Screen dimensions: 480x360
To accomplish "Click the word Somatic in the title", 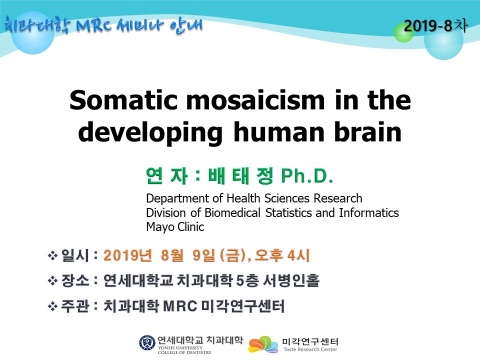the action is coord(123,100).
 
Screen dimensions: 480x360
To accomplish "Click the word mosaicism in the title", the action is coord(255,100).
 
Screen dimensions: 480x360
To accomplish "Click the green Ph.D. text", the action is coord(307,175).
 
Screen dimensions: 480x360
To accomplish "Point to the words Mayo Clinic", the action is coord(175,227).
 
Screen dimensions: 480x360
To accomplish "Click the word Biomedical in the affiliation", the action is coord(232,213).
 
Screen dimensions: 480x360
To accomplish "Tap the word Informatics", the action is coord(369,213).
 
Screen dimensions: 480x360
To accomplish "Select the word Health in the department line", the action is coord(243,198).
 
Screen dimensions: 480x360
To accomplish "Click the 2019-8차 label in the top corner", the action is coord(436,25).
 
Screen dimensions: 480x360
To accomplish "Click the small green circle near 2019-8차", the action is coord(403,32).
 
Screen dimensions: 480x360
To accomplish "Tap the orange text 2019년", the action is coord(127,255).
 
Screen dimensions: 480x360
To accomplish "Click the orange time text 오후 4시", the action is coord(282,255).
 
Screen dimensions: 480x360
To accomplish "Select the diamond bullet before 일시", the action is coord(52,255).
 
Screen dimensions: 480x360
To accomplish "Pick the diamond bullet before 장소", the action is coord(52,280).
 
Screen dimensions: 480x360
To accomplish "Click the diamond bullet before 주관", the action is coord(52,306).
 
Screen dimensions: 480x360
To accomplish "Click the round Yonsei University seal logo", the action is coord(147,342).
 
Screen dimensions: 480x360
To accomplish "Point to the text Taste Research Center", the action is coord(310,349).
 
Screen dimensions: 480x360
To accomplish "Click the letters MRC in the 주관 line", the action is coord(180,306).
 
